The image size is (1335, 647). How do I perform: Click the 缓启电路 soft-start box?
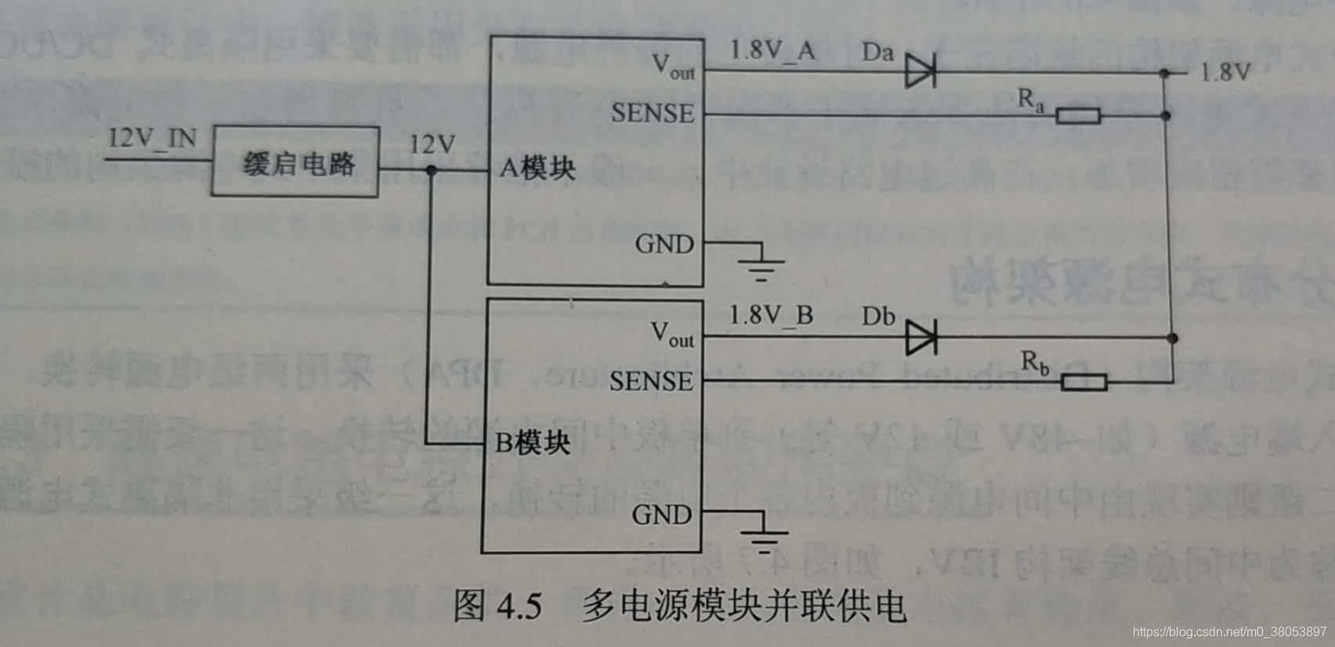pos(295,162)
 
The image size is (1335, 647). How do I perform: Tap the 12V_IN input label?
pos(152,138)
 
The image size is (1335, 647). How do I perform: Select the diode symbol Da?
pos(920,71)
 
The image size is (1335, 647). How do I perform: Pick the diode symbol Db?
pos(921,338)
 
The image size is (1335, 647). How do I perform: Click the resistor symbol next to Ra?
pos(1078,116)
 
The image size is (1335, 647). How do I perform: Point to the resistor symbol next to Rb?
pos(1084,382)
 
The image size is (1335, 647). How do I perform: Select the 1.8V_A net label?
pos(772,51)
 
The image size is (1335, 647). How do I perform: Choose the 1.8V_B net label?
pos(771,315)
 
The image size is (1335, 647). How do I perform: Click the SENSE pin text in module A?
pos(653,114)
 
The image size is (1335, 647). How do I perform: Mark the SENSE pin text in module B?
pos(651,381)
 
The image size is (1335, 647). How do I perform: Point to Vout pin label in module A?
pos(673,67)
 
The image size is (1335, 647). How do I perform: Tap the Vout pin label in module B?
pos(671,335)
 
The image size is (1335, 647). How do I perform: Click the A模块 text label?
pos(537,168)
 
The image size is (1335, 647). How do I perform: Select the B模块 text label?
pos(533,443)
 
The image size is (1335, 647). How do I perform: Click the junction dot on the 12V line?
pos(431,170)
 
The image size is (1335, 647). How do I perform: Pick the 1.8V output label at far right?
pos(1225,73)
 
